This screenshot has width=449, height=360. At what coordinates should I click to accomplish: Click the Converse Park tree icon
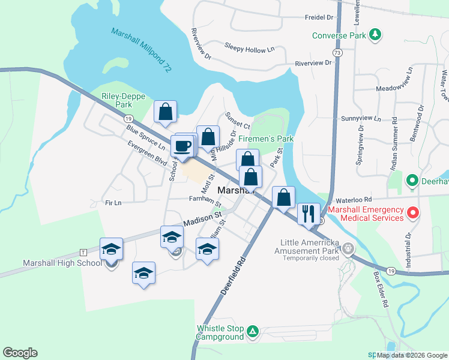click(375, 35)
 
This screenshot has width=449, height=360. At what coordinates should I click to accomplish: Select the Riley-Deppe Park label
click(116, 100)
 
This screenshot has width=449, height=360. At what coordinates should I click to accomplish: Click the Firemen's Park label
click(266, 139)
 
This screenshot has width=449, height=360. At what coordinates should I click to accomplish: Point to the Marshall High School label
click(62, 263)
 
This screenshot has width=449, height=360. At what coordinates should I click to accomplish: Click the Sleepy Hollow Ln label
click(249, 46)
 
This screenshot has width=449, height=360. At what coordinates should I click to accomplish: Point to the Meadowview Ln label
click(394, 88)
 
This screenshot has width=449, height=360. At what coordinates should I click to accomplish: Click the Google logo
click(20, 353)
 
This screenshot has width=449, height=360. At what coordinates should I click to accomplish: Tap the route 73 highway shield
click(338, 53)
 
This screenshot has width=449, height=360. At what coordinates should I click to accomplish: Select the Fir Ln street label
click(112, 203)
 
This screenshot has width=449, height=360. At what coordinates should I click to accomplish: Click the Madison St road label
click(203, 217)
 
